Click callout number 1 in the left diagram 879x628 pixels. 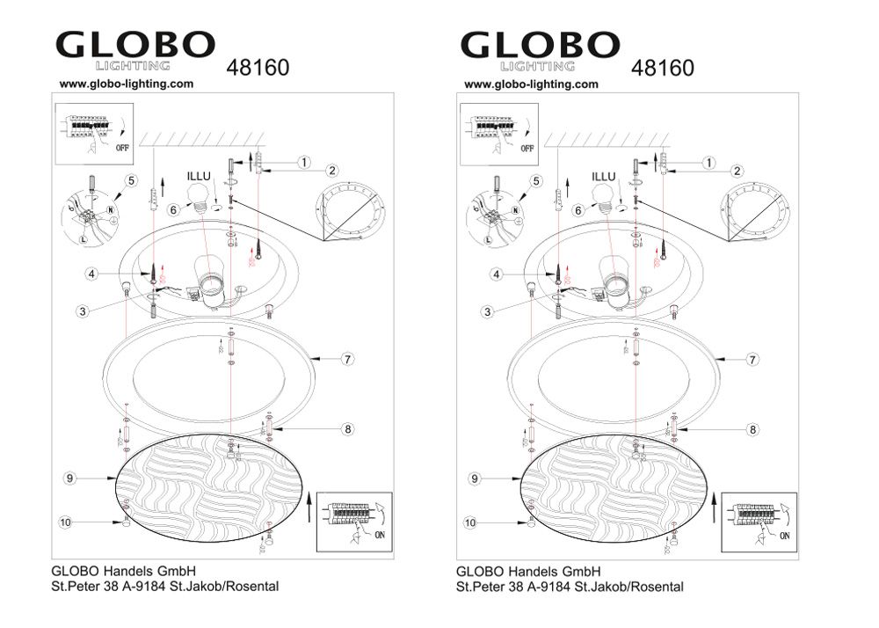[302, 163]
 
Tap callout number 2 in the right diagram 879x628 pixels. [737, 171]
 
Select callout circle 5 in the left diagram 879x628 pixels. [130, 181]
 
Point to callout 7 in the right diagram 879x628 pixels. [752, 359]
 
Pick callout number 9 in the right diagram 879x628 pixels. [474, 478]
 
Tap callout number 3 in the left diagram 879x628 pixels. [81, 311]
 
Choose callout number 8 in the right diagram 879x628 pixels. [752, 429]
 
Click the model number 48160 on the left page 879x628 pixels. [258, 67]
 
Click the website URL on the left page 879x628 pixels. [126, 84]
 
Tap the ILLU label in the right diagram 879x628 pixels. [603, 176]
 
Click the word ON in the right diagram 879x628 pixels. [785, 534]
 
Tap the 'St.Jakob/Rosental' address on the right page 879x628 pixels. [628, 587]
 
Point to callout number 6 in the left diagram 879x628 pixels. [174, 209]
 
